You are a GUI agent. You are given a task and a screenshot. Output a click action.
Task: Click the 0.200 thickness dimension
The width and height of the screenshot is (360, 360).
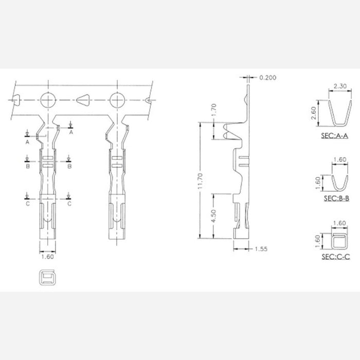click(267, 78)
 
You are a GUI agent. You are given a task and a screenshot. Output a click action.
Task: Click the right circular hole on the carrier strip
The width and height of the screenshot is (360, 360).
click(118, 99)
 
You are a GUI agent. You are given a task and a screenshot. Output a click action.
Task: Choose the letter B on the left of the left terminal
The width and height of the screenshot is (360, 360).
click(27, 167)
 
